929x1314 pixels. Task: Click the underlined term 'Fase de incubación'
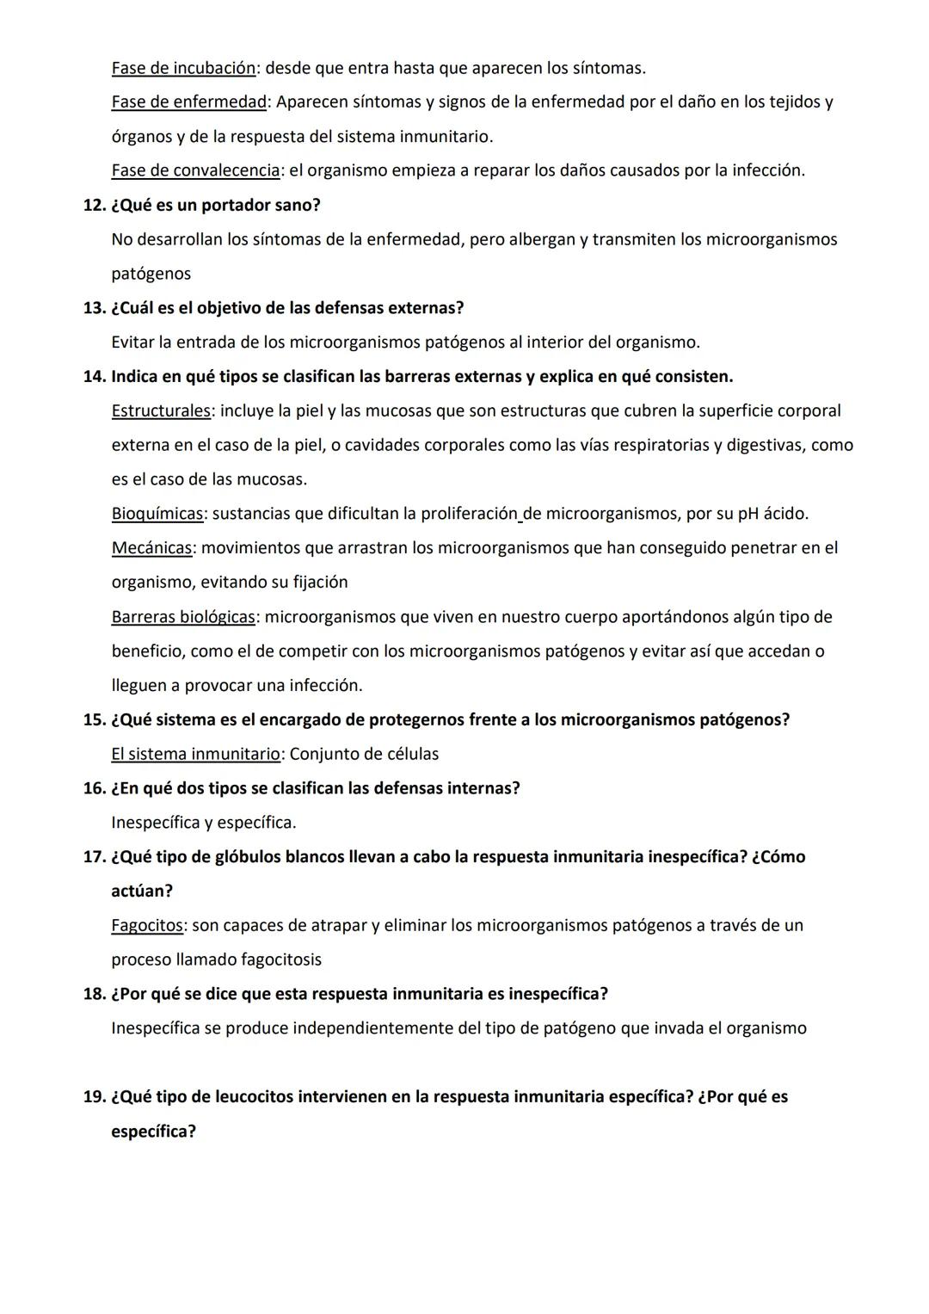[x=183, y=68]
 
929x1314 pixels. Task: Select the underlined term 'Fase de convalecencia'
[x=195, y=170]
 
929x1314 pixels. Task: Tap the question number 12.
[x=93, y=206]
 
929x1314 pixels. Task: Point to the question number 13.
[x=93, y=308]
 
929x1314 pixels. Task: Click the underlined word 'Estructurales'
[x=161, y=410]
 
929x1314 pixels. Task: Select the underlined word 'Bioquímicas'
[x=157, y=514]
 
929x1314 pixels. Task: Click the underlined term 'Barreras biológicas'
[x=183, y=617]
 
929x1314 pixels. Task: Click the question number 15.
[x=93, y=719]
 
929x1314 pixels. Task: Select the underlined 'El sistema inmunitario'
[x=195, y=754]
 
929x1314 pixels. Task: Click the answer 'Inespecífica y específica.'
[x=204, y=823]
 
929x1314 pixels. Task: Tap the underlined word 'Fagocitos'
[x=147, y=925]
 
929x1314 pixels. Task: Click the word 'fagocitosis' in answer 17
[x=281, y=959]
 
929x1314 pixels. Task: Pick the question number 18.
[x=93, y=994]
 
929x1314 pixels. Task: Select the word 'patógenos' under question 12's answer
[x=151, y=275]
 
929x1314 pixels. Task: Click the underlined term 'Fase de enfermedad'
[x=188, y=102]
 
